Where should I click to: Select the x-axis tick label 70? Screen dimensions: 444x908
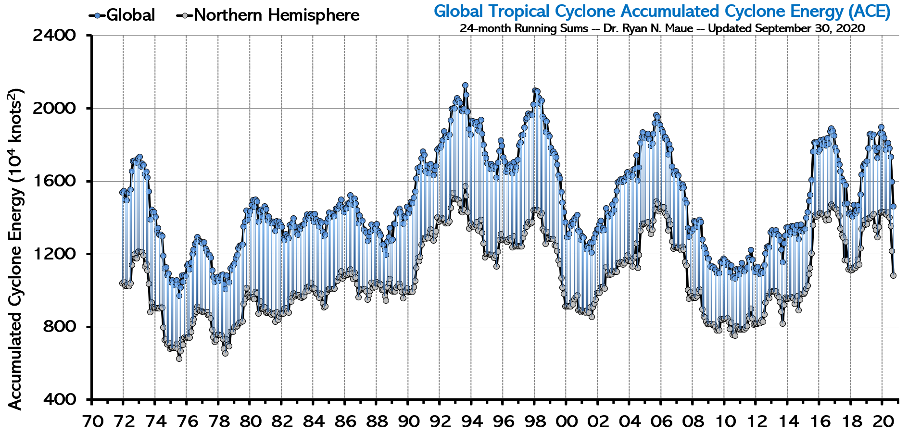(x=92, y=422)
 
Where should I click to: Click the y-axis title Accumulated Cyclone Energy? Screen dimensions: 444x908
(x=15, y=249)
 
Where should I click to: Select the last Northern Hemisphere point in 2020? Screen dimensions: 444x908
(x=893, y=275)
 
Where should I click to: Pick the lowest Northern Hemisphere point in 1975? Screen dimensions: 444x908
(x=179, y=358)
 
